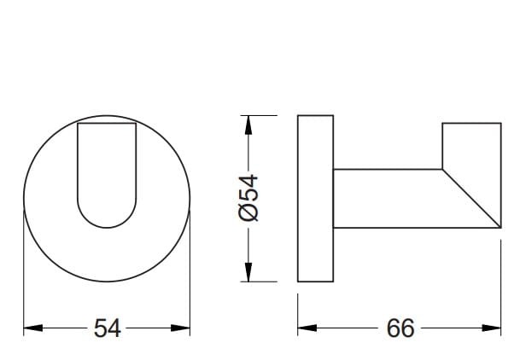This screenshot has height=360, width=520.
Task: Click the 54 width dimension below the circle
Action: [x=107, y=328]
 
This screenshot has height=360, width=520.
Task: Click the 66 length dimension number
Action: [x=400, y=328]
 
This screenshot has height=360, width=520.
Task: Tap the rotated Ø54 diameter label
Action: [x=248, y=198]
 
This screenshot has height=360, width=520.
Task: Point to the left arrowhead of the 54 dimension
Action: [x=33, y=328]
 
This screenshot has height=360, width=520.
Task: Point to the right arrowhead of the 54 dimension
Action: [x=180, y=328]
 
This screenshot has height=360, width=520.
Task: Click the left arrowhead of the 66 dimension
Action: [x=307, y=328]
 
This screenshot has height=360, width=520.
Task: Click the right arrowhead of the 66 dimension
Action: [x=491, y=328]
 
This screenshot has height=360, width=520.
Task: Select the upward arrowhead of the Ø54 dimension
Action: [x=248, y=125]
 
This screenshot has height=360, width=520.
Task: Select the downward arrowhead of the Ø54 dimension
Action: [x=248, y=272]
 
